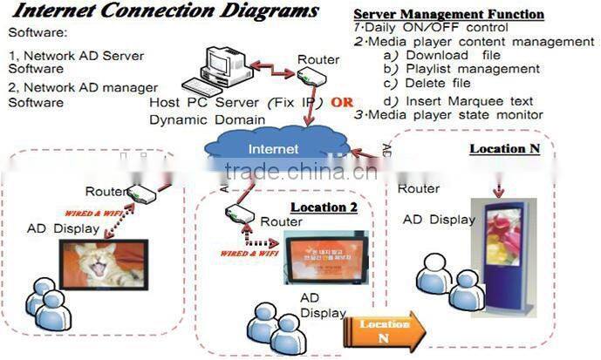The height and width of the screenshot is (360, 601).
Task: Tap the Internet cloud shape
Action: (273, 148)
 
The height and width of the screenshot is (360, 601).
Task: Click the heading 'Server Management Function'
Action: (448, 15)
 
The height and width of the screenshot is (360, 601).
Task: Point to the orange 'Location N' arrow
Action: (384, 332)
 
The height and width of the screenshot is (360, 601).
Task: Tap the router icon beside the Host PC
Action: (311, 77)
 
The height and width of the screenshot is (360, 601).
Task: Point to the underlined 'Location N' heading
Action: (504, 148)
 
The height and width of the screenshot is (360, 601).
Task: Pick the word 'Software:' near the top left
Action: (38, 32)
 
